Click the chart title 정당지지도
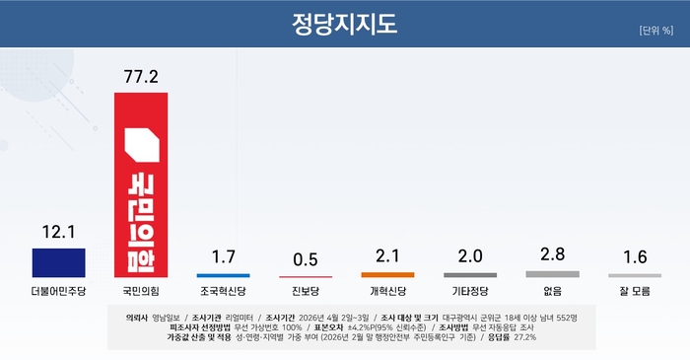(x=345, y=22)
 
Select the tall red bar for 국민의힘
(x=141, y=183)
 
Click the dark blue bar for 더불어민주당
(x=58, y=262)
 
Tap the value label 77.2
(x=141, y=76)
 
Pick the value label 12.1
(x=58, y=232)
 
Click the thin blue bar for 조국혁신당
(x=223, y=275)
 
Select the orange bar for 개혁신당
(x=387, y=274)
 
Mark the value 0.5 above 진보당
(x=306, y=259)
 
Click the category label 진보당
(x=306, y=292)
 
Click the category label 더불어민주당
(x=58, y=292)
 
